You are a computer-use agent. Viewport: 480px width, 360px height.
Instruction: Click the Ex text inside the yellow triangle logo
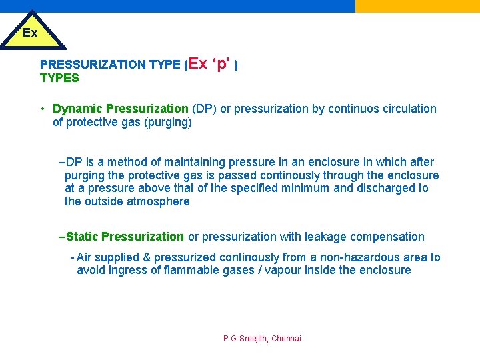[30, 33]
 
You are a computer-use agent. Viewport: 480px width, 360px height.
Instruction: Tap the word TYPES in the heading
[59, 78]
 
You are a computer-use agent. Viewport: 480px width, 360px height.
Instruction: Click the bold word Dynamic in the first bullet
[77, 109]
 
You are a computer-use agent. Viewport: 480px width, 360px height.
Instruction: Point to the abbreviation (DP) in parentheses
[204, 109]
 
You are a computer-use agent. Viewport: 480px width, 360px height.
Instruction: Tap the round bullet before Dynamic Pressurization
[42, 109]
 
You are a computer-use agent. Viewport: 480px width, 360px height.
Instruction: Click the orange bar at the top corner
[417, 6]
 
